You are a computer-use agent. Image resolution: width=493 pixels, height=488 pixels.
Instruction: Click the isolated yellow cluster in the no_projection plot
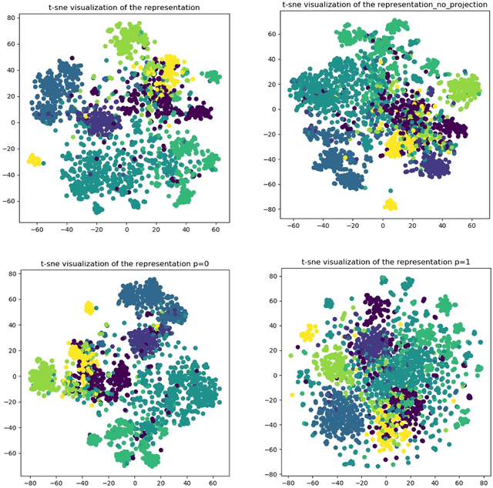tap(390, 204)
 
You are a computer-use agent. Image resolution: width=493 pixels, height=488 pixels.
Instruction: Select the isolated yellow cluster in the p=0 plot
tap(89, 308)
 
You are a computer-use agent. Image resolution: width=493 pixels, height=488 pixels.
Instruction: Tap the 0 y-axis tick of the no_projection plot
tap(274, 109)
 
